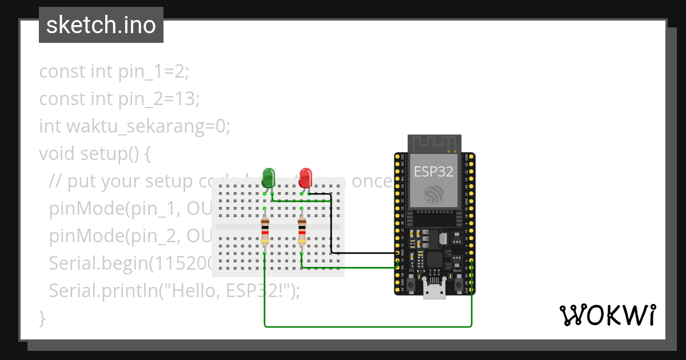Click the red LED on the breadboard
pos(305,176)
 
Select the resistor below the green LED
pos(265,231)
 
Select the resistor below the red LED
pos(302,231)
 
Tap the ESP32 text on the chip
pos(434,171)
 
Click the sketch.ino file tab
pos(101,25)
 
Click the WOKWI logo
pos(607,315)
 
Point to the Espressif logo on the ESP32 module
pos(434,194)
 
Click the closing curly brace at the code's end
pos(42,318)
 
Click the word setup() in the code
pos(108,154)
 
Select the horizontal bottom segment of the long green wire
pos(366,326)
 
